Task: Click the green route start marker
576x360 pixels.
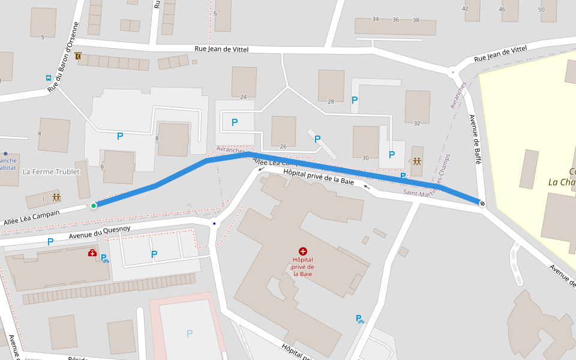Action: (x=94, y=206)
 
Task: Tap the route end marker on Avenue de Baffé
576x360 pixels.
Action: (x=482, y=203)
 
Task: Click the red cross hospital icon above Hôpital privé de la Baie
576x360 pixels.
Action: (x=303, y=251)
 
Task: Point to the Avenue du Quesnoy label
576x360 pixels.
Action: (x=100, y=232)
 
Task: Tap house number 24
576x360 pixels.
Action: (x=243, y=97)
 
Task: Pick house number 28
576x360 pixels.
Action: (x=331, y=102)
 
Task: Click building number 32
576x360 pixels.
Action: (x=417, y=124)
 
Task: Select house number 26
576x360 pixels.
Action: (x=283, y=146)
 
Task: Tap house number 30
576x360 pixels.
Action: (x=365, y=158)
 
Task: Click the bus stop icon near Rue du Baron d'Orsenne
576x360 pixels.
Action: (x=48, y=78)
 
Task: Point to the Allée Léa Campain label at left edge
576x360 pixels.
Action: (x=31, y=217)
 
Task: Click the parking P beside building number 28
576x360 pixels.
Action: (x=355, y=100)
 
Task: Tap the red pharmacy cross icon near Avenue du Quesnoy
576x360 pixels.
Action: (x=92, y=253)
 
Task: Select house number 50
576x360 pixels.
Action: (x=541, y=10)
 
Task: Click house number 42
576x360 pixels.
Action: (x=465, y=9)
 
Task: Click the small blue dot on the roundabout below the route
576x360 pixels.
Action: (x=214, y=224)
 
